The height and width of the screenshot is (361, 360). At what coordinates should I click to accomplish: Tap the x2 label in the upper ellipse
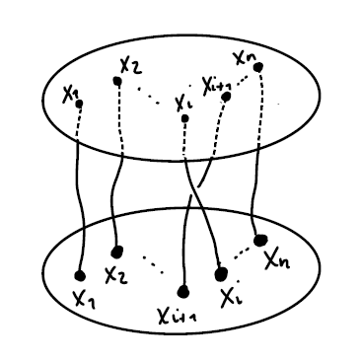coord(130,67)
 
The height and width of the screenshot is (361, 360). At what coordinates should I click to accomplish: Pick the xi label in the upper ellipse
coord(180,103)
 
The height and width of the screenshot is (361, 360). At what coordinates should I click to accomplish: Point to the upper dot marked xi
coord(184,118)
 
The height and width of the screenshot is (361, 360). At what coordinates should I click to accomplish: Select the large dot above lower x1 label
coord(79,274)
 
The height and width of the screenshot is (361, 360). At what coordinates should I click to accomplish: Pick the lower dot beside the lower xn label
coord(260,240)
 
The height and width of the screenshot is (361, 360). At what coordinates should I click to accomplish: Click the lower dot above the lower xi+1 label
coord(183,291)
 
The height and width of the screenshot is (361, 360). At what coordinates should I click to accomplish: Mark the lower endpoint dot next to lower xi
coord(220,269)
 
